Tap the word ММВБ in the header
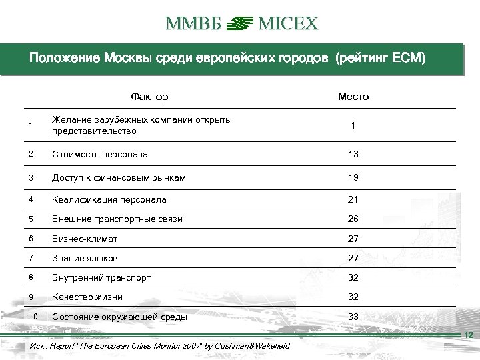(x=192, y=25)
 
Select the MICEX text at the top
(x=287, y=25)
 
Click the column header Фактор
(x=149, y=97)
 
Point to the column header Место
(x=353, y=97)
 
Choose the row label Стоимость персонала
(x=99, y=154)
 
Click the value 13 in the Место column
(x=353, y=154)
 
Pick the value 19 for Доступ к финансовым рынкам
(x=353, y=177)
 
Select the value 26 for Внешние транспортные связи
(x=353, y=219)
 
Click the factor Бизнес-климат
(x=86, y=238)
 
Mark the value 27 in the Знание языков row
(x=353, y=259)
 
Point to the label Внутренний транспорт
(x=101, y=277)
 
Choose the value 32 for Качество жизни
(x=353, y=297)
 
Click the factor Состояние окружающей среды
(x=119, y=317)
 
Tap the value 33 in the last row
(x=353, y=317)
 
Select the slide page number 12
(x=468, y=335)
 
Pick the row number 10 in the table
(x=33, y=316)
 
